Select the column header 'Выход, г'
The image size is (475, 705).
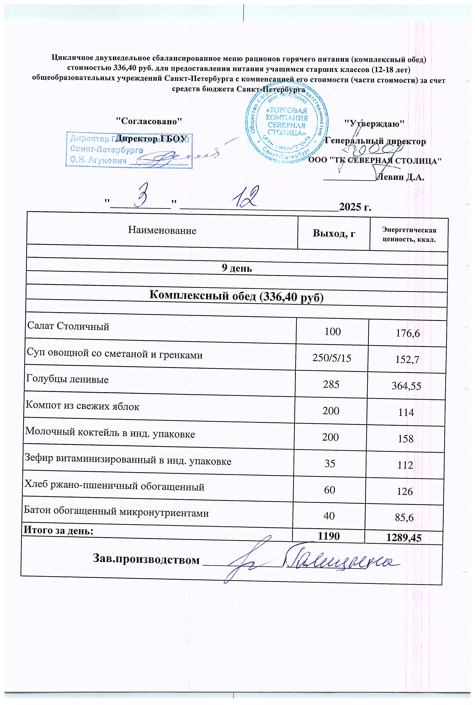(334, 233)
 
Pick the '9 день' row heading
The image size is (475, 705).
(237, 268)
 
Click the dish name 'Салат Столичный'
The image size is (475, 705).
(68, 326)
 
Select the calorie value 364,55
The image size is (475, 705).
(406, 386)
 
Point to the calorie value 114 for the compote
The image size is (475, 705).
(406, 412)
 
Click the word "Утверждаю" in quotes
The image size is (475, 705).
(375, 124)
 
